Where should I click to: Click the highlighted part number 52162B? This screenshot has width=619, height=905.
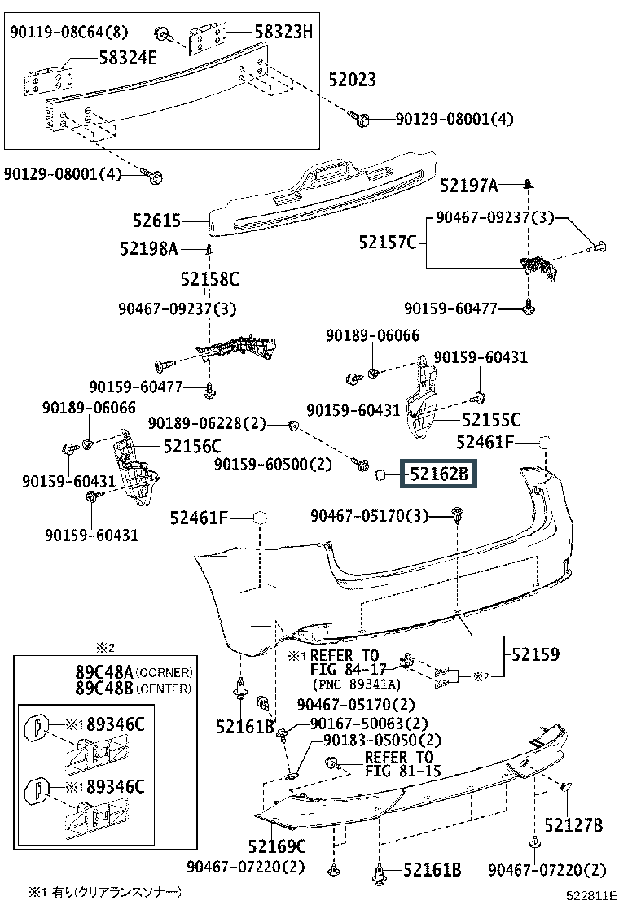pyautogui.click(x=439, y=473)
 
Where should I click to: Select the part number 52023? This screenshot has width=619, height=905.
pyautogui.click(x=353, y=80)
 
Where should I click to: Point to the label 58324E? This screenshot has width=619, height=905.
pyautogui.click(x=130, y=59)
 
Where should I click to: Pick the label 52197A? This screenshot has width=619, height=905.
pyautogui.click(x=468, y=186)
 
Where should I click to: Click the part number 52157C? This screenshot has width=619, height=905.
pyautogui.click(x=388, y=242)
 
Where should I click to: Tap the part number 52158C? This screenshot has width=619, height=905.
pyautogui.click(x=209, y=280)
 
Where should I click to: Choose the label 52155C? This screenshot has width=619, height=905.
pyautogui.click(x=491, y=420)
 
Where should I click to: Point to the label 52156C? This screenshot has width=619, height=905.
pyautogui.click(x=192, y=446)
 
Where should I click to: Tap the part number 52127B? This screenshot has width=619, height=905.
pyautogui.click(x=573, y=825)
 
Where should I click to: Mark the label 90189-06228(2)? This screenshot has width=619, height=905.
pyautogui.click(x=207, y=422)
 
